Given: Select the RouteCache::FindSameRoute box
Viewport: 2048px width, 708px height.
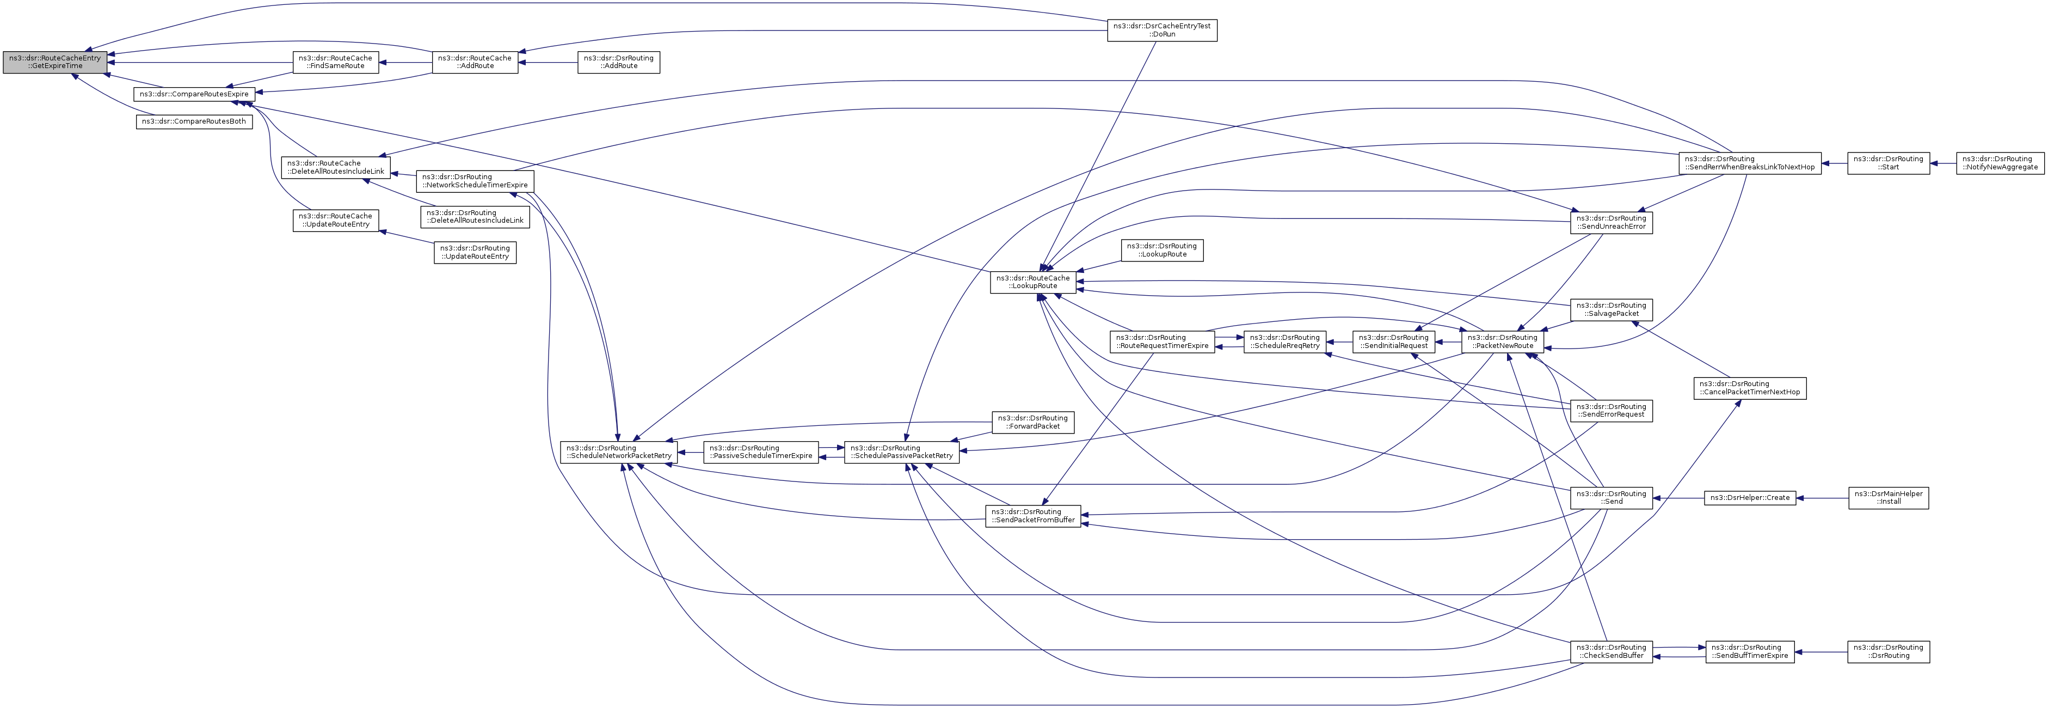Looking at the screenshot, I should (335, 62).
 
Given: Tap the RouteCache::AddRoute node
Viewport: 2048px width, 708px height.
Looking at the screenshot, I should (475, 62).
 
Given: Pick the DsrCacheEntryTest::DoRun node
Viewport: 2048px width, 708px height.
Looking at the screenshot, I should (1161, 30).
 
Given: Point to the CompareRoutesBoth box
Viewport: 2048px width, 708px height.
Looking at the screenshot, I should (194, 121).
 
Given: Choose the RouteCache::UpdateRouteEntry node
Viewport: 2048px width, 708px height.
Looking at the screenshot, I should (335, 221).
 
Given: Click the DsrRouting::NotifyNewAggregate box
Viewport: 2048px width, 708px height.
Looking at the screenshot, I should (2000, 163).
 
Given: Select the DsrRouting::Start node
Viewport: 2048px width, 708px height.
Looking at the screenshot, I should (1888, 163).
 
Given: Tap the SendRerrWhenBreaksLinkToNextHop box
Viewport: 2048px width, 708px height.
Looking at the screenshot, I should (1750, 163).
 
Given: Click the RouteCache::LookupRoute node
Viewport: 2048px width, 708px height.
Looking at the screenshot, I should (1034, 283).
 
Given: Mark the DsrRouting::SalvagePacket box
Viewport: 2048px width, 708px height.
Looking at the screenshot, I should (1612, 309).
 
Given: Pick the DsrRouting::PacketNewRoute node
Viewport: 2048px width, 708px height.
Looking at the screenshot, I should (1501, 342).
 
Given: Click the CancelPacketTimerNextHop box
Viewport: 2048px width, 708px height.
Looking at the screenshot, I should (1750, 388).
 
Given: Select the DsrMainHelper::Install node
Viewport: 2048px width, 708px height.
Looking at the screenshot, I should (1888, 498).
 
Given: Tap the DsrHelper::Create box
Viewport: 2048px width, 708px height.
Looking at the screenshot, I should (1750, 498).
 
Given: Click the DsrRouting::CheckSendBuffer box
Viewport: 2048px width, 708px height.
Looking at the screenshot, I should (1612, 651).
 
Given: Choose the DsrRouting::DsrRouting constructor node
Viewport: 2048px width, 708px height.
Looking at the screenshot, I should (1888, 651).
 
